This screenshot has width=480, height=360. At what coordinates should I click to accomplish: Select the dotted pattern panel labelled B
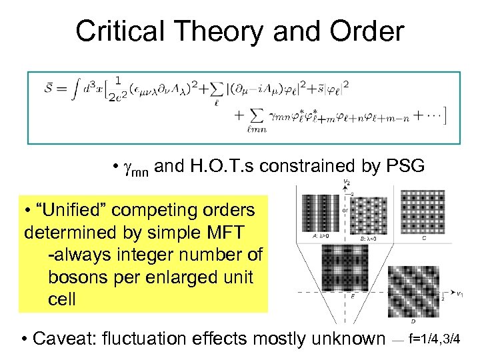(371, 214)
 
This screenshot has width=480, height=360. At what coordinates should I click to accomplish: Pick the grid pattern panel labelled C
(425, 212)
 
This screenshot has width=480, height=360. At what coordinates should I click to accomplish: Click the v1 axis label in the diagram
(459, 293)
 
